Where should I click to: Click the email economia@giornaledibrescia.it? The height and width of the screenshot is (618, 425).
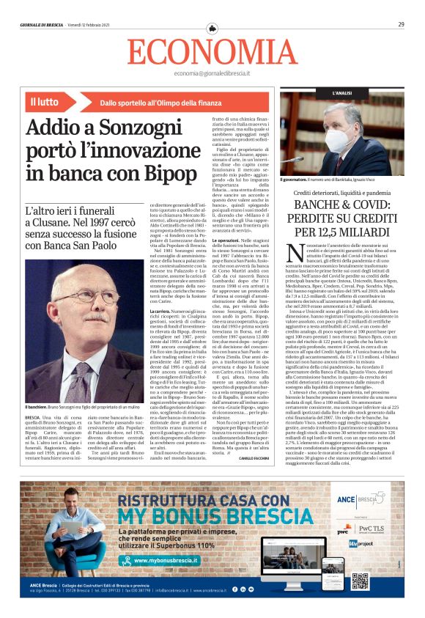point(212,74)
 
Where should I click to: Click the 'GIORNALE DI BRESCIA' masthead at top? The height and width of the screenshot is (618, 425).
point(41,25)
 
